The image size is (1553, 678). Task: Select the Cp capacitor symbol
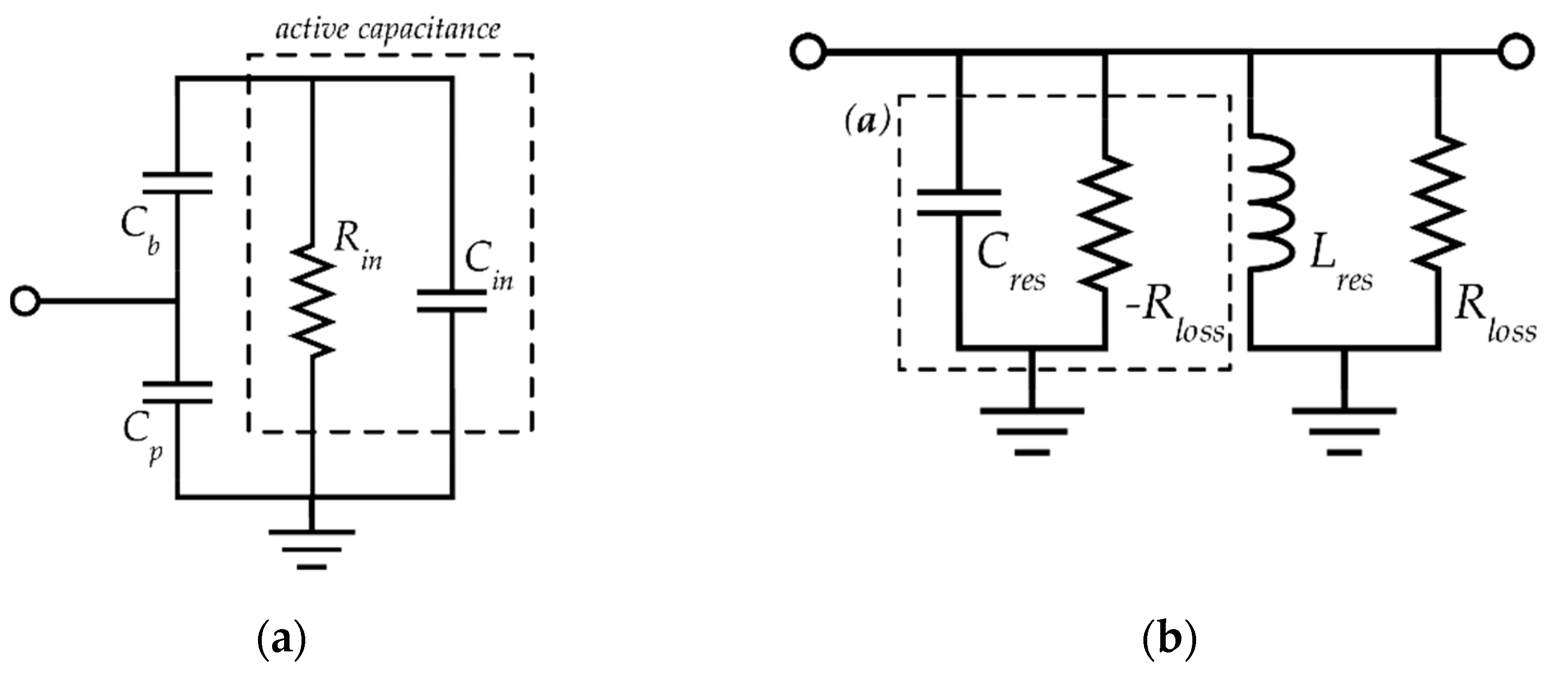[177, 392]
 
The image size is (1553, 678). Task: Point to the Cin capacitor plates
[452, 301]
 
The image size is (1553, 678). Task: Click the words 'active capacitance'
[388, 29]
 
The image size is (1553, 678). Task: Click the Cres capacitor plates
[959, 203]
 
